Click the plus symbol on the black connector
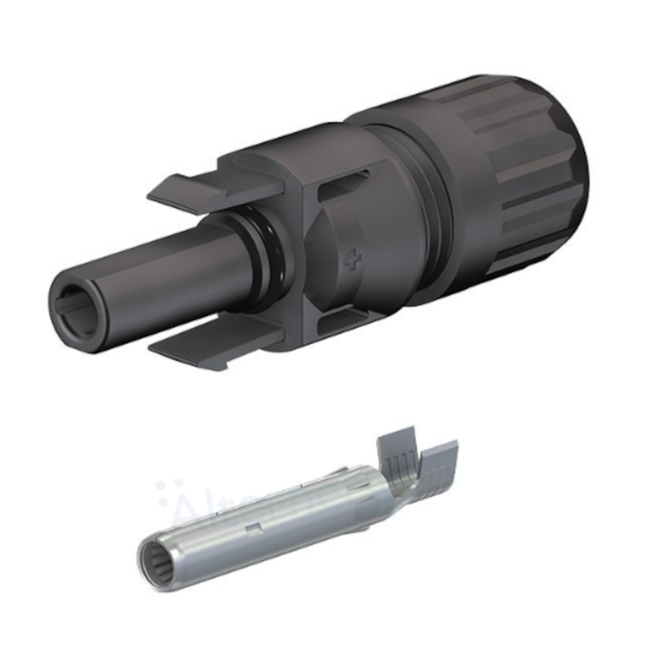(353, 261)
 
